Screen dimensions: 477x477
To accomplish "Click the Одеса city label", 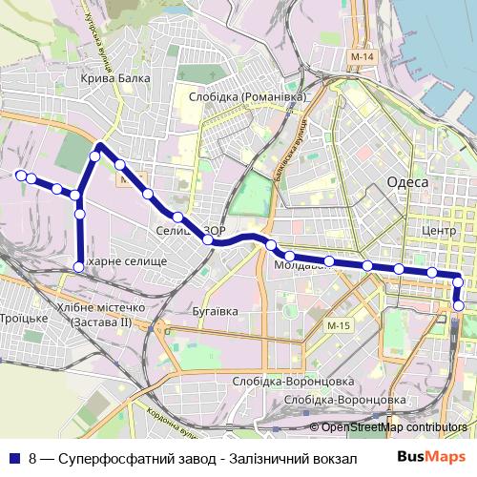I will coord(406,182).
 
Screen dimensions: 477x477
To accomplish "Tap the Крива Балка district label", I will coord(115,79).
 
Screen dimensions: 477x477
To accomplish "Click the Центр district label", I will coord(440,231).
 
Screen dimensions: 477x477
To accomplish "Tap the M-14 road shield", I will coord(362,59).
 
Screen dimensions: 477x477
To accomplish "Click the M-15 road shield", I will coord(339,327).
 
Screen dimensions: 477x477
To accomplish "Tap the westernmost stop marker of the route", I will coord(20,175).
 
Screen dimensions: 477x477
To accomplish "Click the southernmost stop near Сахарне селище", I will coord(79,265).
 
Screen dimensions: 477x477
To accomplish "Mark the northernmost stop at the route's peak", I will coord(98,147).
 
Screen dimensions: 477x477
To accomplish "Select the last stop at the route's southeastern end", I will coord(459,306).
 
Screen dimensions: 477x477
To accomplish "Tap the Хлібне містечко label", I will coord(101,308).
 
